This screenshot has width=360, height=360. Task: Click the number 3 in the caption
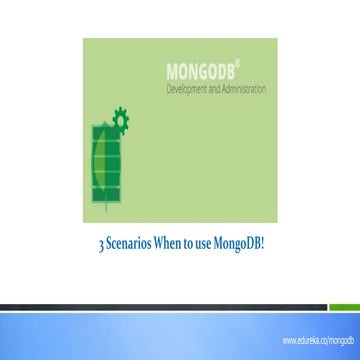pos(100,243)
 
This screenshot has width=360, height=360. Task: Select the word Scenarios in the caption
pos(133,243)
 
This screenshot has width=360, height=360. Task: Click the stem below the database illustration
pos(107,212)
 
